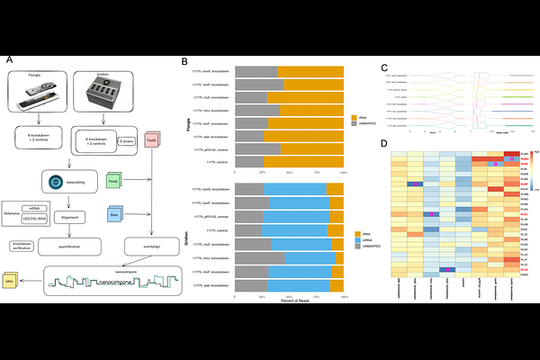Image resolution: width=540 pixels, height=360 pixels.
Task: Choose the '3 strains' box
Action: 127,142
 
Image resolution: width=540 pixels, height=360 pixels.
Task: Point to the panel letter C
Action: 385,67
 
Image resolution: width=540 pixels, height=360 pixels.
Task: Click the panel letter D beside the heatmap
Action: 385,143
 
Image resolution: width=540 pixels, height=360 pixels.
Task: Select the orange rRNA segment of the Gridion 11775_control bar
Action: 334,230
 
